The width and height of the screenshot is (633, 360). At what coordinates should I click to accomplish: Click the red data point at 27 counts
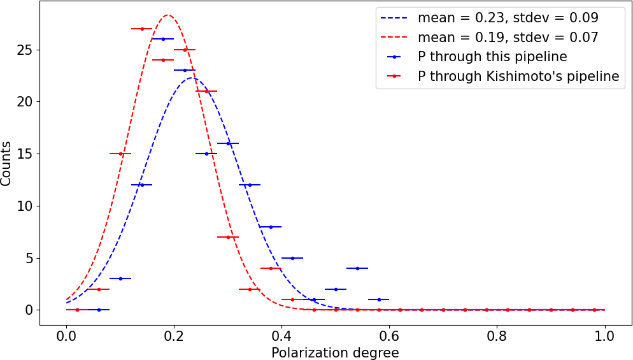point(141,29)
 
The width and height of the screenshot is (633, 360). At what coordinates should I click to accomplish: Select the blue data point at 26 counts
point(163,39)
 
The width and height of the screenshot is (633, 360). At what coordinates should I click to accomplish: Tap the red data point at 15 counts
point(120,154)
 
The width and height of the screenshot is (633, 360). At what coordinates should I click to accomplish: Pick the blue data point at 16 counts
point(228,143)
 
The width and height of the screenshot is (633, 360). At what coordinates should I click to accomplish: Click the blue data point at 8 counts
point(271,227)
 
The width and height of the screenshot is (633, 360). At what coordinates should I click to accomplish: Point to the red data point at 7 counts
point(228,237)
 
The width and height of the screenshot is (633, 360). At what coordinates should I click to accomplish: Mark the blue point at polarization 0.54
point(357,268)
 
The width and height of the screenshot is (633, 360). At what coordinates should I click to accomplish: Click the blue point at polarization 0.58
point(379,299)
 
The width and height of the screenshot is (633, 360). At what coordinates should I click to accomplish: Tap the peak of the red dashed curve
point(168,15)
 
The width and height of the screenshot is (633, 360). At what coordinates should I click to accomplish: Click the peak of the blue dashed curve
point(190,78)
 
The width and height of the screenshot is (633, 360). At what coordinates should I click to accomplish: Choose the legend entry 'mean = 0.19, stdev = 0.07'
point(508,38)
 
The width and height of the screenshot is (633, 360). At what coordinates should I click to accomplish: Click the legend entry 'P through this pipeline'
point(492,57)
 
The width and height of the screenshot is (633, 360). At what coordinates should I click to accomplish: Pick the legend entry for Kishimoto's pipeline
point(518,76)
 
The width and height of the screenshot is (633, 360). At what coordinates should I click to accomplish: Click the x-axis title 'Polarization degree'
point(335,352)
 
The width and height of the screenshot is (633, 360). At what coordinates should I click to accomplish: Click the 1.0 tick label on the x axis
point(604,336)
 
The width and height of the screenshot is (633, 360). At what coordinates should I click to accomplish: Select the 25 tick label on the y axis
point(26,50)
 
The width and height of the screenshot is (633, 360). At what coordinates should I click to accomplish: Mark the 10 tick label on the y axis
point(26,206)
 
